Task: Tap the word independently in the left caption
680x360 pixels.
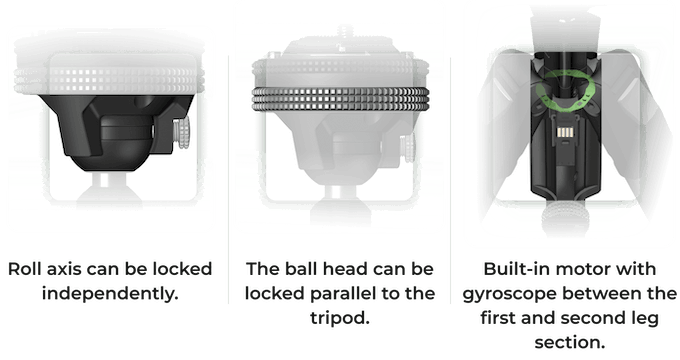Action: pyautogui.click(x=110, y=294)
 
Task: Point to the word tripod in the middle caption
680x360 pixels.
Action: pyautogui.click(x=340, y=318)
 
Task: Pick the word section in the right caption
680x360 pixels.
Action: pyautogui.click(x=570, y=343)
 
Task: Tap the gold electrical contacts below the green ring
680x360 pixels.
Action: pyautogui.click(x=564, y=132)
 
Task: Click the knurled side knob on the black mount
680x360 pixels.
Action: pyautogui.click(x=181, y=134)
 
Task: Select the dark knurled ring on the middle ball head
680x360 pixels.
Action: pyautogui.click(x=340, y=98)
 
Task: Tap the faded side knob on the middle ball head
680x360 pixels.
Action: pyautogui.click(x=408, y=148)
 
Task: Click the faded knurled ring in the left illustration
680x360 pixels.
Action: pyautogui.click(x=109, y=81)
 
